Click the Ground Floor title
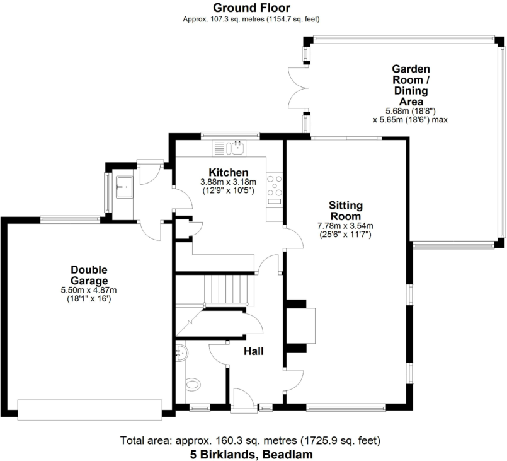(251, 8)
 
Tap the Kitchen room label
(228, 172)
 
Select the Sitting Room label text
(346, 210)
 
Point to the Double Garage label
(89, 275)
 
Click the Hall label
(253, 352)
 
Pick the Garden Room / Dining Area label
(411, 85)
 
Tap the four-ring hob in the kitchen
(275, 184)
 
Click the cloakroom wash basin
(183, 352)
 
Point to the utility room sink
(123, 185)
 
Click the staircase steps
(229, 291)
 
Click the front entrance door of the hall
(243, 400)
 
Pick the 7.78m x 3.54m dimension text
(346, 226)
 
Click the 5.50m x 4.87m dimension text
(89, 290)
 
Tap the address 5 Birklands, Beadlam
(251, 453)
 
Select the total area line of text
(251, 440)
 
